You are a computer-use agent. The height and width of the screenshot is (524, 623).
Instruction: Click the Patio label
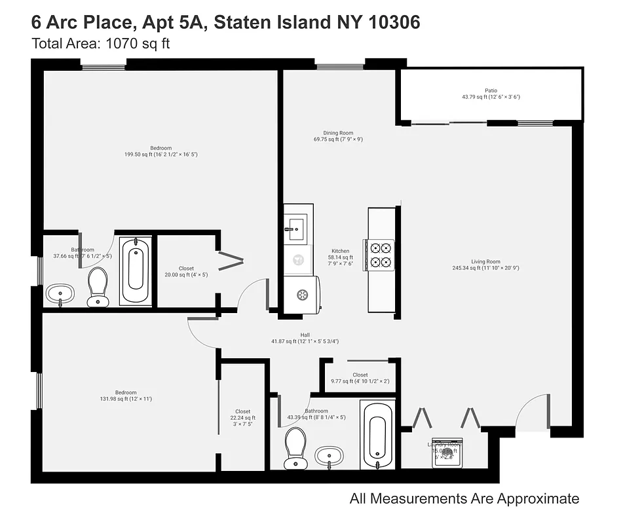pyautogui.click(x=491, y=94)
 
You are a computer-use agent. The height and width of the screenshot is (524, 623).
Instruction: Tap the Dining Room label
pyautogui.click(x=338, y=136)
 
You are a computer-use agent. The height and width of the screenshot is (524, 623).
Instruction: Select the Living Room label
pyautogui.click(x=485, y=265)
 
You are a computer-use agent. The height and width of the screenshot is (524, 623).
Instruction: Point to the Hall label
pyautogui.click(x=305, y=338)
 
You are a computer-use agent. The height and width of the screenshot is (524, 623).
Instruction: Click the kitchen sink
pyautogui.click(x=293, y=227)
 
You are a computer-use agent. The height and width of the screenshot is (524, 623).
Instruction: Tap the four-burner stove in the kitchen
pyautogui.click(x=381, y=255)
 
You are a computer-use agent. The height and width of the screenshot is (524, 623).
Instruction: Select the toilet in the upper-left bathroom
pyautogui.click(x=98, y=286)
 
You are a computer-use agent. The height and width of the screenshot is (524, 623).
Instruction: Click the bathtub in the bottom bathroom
pyautogui.click(x=378, y=433)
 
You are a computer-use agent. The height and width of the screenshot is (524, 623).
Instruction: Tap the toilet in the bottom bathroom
pyautogui.click(x=295, y=447)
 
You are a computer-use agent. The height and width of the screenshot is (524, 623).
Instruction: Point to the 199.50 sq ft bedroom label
pyautogui.click(x=160, y=151)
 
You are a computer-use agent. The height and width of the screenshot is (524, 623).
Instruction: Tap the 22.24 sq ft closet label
pyautogui.click(x=242, y=418)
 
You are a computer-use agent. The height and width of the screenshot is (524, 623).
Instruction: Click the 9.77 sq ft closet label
pyautogui.click(x=360, y=378)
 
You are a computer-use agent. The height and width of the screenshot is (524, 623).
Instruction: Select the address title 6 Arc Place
pyautogui.click(x=225, y=22)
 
